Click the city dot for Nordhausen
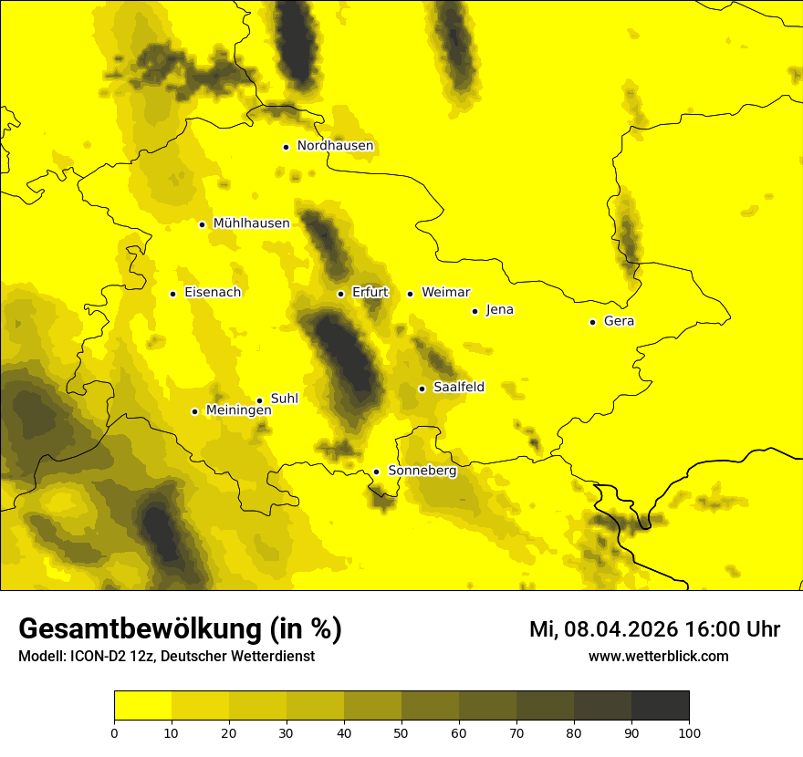click(x=286, y=147)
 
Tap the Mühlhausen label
click(x=251, y=223)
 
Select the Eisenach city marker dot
click(x=172, y=294)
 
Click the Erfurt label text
click(x=370, y=293)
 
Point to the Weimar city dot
click(x=410, y=294)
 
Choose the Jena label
click(x=499, y=310)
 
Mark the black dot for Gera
click(x=592, y=322)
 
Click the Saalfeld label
click(x=458, y=388)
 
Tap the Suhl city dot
click(x=259, y=400)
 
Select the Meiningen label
click(x=238, y=411)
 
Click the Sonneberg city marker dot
click(x=376, y=472)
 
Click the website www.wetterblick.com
click(x=658, y=657)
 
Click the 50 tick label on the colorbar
click(x=401, y=732)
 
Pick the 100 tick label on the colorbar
click(x=688, y=732)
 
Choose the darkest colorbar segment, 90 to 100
click(x=660, y=706)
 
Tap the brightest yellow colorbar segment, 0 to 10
click(x=142, y=706)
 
